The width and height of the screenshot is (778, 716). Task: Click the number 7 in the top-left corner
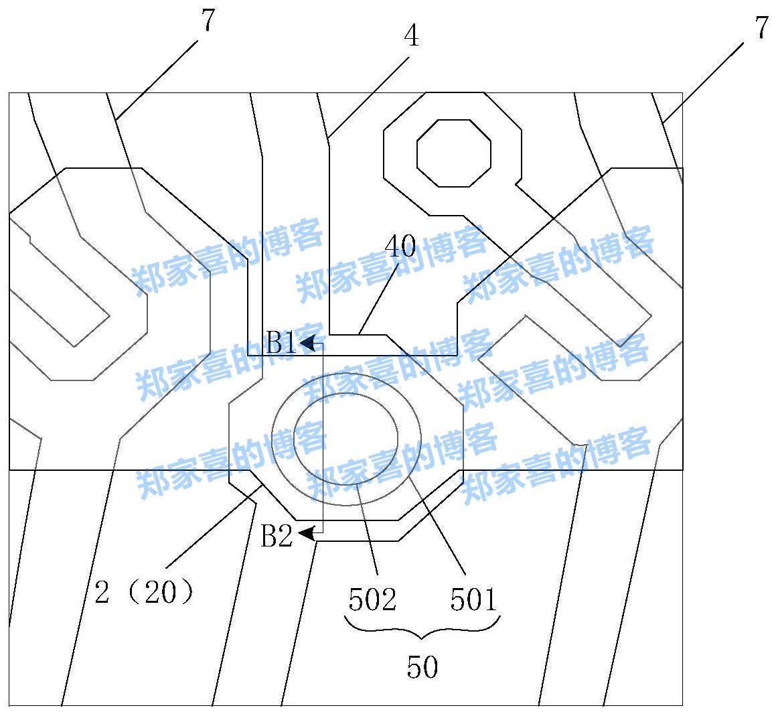pos(208,21)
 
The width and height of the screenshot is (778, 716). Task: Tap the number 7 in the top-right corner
pos(761,29)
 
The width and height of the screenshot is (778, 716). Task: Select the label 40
pos(400,247)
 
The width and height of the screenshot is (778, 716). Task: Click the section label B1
pos(281,344)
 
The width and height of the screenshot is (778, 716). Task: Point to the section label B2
pos(277,536)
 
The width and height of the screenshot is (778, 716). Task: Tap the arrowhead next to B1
pos(309,344)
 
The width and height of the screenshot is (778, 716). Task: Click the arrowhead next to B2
pos(307,534)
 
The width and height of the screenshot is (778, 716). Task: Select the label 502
pos(372,600)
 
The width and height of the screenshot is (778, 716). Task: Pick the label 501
pos(473,600)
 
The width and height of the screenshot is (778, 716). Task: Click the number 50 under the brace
pos(422,666)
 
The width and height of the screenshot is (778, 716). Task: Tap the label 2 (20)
pos(145,592)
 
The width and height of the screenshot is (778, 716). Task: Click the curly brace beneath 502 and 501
pos(422,630)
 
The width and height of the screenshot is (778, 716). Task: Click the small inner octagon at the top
pos(453,153)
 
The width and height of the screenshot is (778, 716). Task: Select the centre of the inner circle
pos(347,439)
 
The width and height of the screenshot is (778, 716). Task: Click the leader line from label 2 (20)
pos(213,529)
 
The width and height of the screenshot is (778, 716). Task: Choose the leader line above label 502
pos(367,529)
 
